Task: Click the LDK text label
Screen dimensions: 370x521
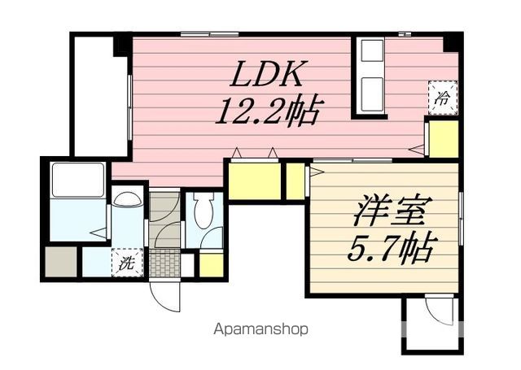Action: coord(266,76)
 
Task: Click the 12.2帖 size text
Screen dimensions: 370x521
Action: coord(266,110)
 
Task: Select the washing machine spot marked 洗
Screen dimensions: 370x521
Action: coord(127,263)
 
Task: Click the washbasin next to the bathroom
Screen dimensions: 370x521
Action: coord(127,199)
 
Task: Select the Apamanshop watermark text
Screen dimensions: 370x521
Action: coord(261,330)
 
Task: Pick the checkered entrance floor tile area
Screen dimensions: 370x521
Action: coord(164,263)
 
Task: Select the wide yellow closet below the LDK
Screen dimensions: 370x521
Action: coord(253,181)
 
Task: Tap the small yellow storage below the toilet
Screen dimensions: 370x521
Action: coord(211,264)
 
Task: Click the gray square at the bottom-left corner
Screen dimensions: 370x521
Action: coord(60,262)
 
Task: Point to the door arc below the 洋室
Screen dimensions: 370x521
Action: coord(440,311)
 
